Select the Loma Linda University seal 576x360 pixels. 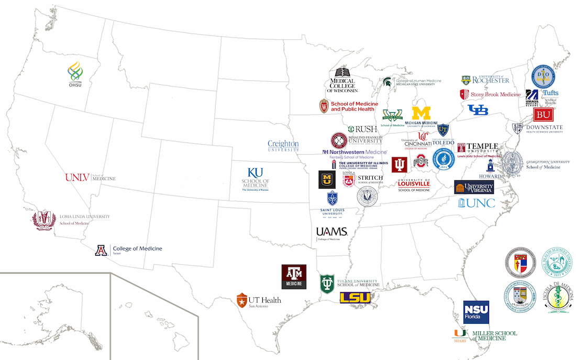pyautogui.click(x=44, y=220)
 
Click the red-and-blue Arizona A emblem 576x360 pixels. pyautogui.click(x=101, y=250)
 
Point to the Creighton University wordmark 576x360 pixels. pyautogui.click(x=283, y=145)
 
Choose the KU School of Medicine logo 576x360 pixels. pyautogui.click(x=255, y=179)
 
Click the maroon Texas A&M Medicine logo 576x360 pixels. pyautogui.click(x=295, y=276)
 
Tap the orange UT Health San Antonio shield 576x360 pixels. pyautogui.click(x=241, y=301)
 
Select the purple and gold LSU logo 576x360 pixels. pyautogui.click(x=355, y=298)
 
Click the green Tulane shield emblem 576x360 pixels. pyautogui.click(x=328, y=283)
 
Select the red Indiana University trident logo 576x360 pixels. pyautogui.click(x=400, y=165)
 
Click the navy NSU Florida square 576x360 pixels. pyautogui.click(x=476, y=312)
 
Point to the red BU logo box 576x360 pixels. pyautogui.click(x=544, y=115)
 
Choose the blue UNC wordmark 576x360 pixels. pyautogui.click(x=477, y=203)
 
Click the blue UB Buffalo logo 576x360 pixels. pyautogui.click(x=477, y=110)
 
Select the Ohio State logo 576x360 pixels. pyautogui.click(x=420, y=162)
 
